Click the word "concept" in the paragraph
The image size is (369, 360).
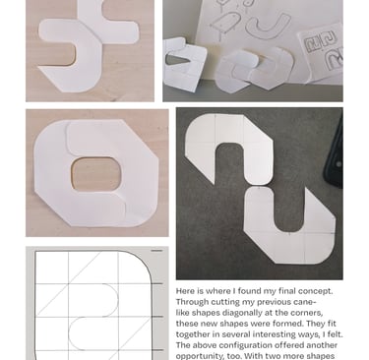tap(316, 291)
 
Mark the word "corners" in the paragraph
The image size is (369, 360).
tap(307, 313)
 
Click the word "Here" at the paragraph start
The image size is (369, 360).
tap(183, 291)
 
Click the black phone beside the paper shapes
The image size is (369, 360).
tap(334, 150)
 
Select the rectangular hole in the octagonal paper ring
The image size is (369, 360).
tap(96, 174)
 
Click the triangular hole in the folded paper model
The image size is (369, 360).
tap(176, 60)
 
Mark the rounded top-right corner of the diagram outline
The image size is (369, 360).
tap(145, 259)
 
